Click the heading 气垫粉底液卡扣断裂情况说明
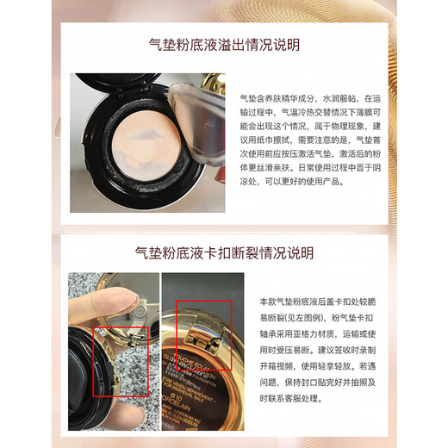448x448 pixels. [x=224, y=253]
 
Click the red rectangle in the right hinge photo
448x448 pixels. [x=204, y=333]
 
